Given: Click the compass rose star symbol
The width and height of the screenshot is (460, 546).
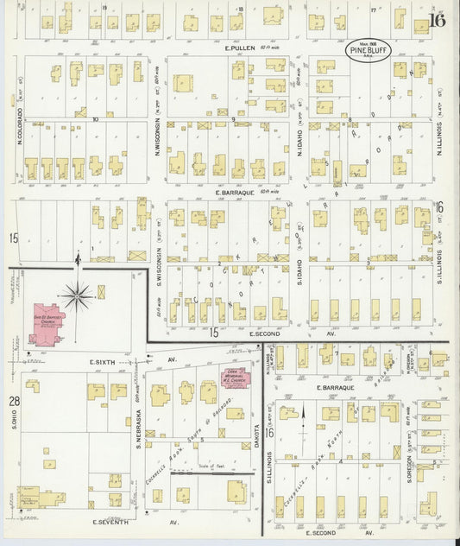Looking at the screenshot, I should click(x=78, y=296).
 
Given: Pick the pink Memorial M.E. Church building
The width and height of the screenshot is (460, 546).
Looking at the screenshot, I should click(x=234, y=377).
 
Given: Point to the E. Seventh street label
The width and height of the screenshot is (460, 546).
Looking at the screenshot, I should click(x=110, y=522).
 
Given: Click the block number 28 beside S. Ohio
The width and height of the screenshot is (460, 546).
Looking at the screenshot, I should click(x=14, y=402).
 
